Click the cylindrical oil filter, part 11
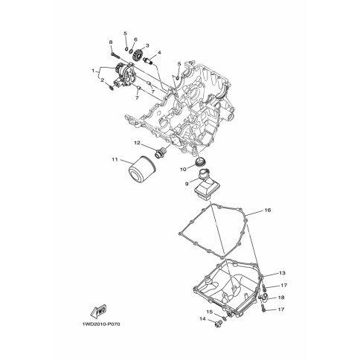(142, 170)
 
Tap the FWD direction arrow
(98, 311)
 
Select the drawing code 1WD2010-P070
(101, 324)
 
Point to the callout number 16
(268, 210)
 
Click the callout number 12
(137, 143)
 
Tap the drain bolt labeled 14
(219, 324)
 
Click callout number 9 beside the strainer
(187, 184)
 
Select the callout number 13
(283, 273)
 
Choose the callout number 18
(281, 298)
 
